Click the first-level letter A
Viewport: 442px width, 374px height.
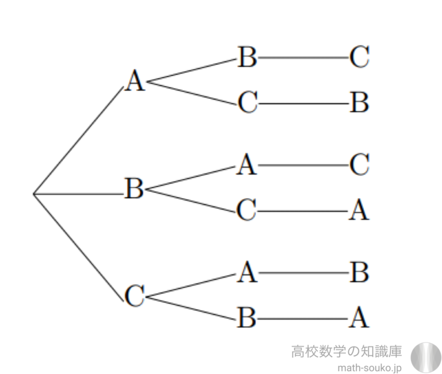tap(135, 82)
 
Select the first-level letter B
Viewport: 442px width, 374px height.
tap(134, 188)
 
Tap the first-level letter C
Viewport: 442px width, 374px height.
tap(134, 296)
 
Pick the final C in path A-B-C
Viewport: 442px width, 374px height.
tap(359, 57)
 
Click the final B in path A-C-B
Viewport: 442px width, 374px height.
tap(359, 103)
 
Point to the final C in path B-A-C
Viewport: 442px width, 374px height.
tap(359, 165)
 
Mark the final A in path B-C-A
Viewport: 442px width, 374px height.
tap(359, 211)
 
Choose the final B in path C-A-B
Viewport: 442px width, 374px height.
tap(359, 273)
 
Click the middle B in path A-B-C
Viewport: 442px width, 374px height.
tap(247, 57)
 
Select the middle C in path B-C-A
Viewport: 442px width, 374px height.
tap(246, 211)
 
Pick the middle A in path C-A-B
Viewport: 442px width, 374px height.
tap(246, 273)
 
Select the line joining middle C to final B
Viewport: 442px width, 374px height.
tap(302, 104)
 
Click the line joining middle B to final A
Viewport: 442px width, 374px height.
tap(302, 318)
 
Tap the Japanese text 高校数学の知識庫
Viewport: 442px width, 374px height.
tap(347, 350)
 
